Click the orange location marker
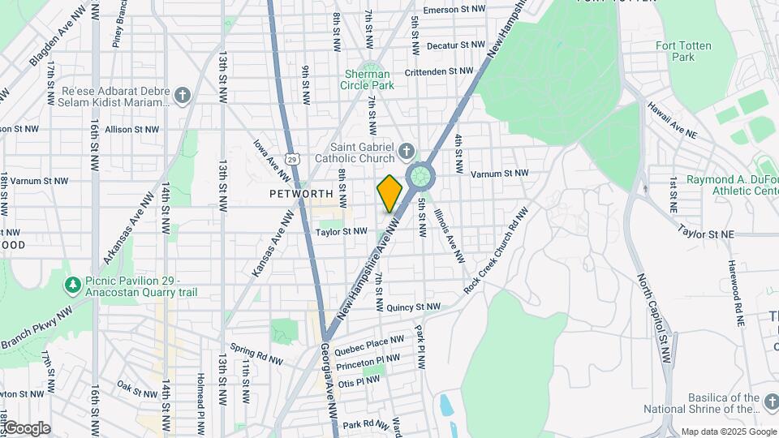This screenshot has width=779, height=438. click(x=389, y=193)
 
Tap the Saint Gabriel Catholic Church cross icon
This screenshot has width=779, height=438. click(x=407, y=151)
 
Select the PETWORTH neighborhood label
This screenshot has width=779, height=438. click(x=302, y=194)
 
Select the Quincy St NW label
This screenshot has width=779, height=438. click(x=413, y=307)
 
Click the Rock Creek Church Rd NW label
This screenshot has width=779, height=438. click(x=495, y=250)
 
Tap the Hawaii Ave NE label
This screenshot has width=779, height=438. click(x=672, y=118)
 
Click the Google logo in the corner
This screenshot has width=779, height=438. click(x=26, y=428)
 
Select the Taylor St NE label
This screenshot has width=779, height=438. click(x=705, y=234)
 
